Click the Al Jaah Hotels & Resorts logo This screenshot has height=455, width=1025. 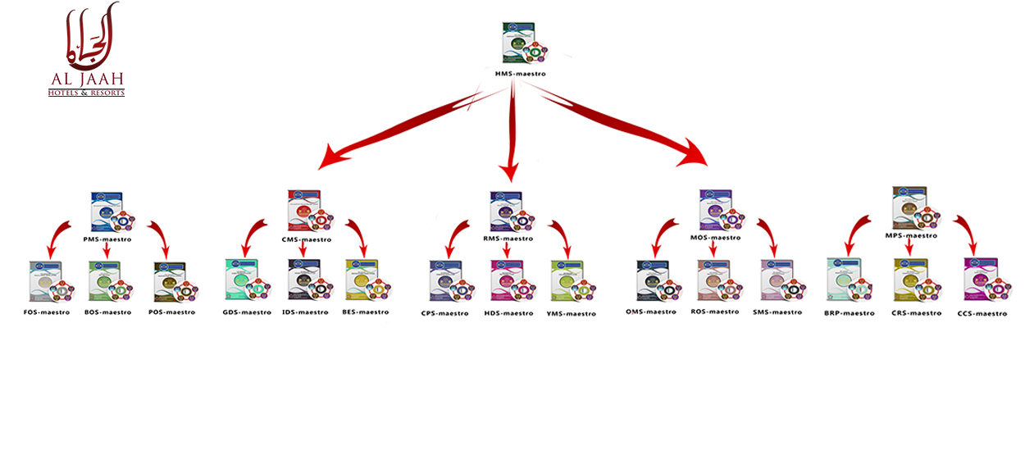coord(86,51)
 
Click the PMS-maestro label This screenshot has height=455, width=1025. coord(107,239)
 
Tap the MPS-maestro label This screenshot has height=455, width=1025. coord(910,235)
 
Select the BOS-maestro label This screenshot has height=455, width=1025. coord(107,312)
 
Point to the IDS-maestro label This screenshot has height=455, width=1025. coord(304,312)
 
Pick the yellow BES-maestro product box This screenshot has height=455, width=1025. coord(365,281)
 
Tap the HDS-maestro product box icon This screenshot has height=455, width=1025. coord(510,282)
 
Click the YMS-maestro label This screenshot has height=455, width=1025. coord(571,313)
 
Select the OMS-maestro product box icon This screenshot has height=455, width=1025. coord(656,282)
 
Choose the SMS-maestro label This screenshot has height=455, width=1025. coord(777,312)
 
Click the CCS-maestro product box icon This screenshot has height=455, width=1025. coord(983,281)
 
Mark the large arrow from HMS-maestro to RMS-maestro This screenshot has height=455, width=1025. coord(512,135)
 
